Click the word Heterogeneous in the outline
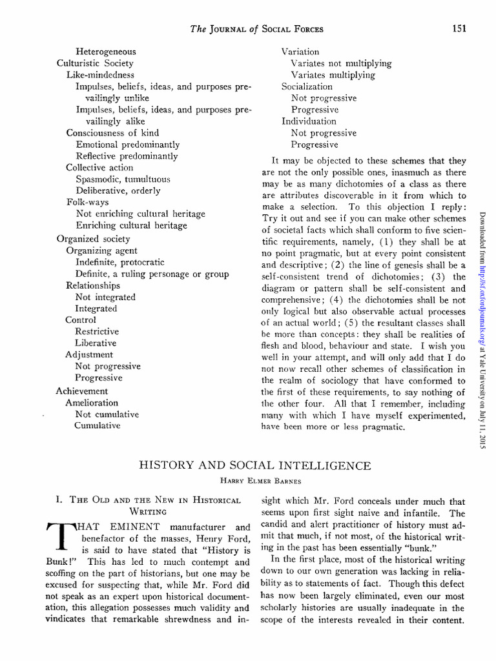[106, 51]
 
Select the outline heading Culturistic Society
[95, 63]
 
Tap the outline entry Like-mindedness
[100, 74]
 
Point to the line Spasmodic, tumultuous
[123, 179]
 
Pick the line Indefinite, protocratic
[119, 262]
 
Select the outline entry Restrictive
[97, 331]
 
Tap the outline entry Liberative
[96, 343]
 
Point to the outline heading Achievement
[82, 391]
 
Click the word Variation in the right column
[300, 51]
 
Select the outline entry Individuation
[309, 121]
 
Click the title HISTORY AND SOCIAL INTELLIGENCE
[256, 465]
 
